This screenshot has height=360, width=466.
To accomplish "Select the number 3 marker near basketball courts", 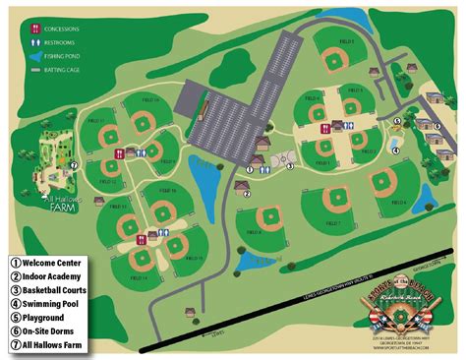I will click(290, 166).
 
